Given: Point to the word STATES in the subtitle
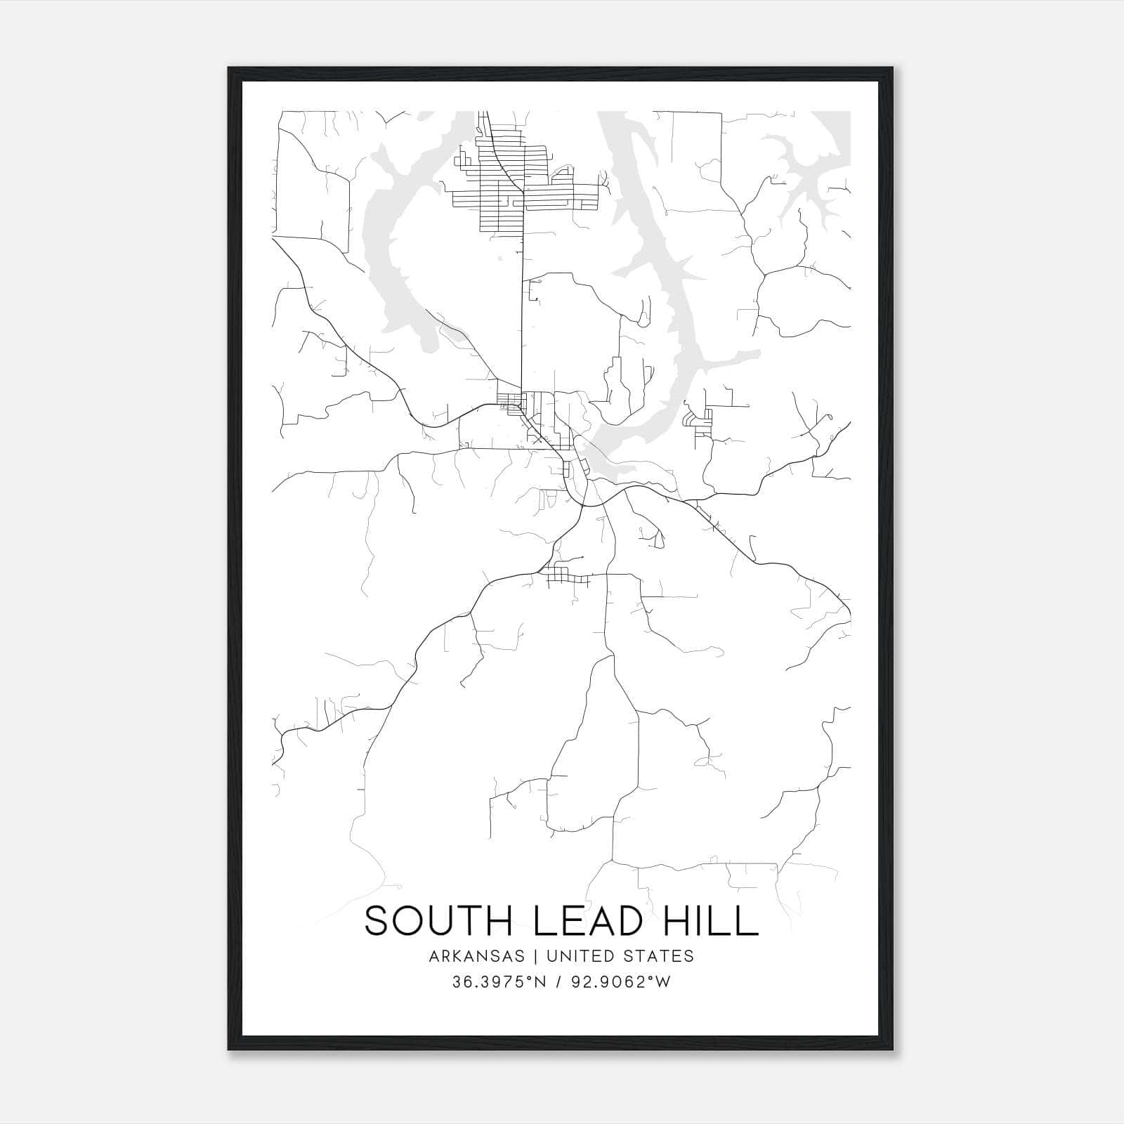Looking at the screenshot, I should (658, 956).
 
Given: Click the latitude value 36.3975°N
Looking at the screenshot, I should (499, 982).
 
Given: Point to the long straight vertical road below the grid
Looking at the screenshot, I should (522, 316).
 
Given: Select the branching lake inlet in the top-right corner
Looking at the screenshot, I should (808, 162).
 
